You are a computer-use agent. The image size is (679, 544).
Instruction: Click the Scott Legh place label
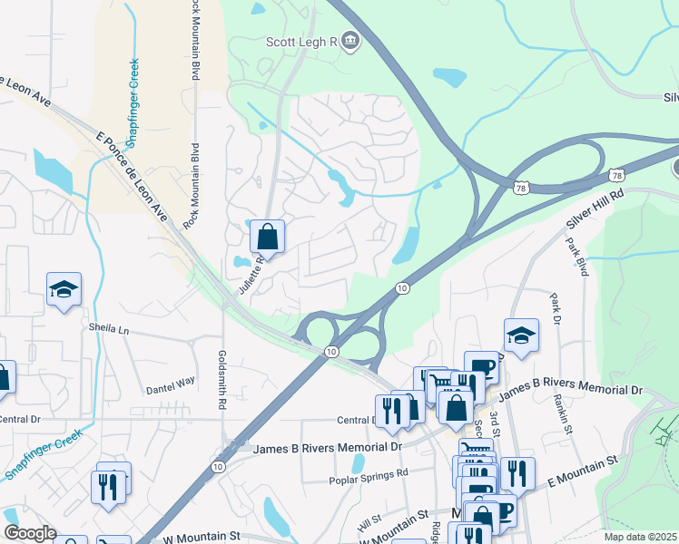point(301,41)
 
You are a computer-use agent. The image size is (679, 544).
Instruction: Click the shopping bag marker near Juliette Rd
point(268,238)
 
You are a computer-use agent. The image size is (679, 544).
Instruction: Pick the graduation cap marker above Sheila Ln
point(64,290)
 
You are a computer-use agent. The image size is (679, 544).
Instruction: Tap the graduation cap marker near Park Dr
point(521,335)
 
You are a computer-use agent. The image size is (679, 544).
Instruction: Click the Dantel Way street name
point(171,383)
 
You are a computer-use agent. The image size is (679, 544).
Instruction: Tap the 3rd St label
point(495,420)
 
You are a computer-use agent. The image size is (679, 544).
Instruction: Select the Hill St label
point(368,524)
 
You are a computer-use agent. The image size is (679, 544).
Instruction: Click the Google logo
point(30,533)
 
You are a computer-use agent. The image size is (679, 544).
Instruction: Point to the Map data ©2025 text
point(640,537)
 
